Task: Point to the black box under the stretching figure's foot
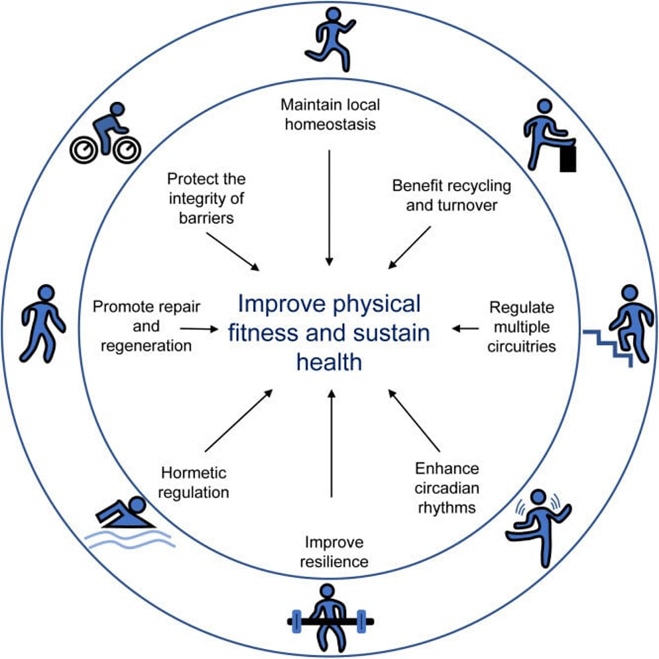pos(568,159)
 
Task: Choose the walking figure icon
pos(43,324)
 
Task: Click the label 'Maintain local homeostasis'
pos(331,114)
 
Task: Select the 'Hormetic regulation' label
pos(194,483)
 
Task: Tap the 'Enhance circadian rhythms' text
pos(447,487)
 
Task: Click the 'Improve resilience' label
pos(334,552)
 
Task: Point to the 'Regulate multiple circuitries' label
pos(522,326)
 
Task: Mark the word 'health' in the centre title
pos(329,362)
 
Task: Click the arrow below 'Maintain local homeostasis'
pos(330,208)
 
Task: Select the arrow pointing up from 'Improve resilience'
pos(332,444)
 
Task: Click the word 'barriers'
pos(206,218)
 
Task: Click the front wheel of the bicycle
pos(127,151)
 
